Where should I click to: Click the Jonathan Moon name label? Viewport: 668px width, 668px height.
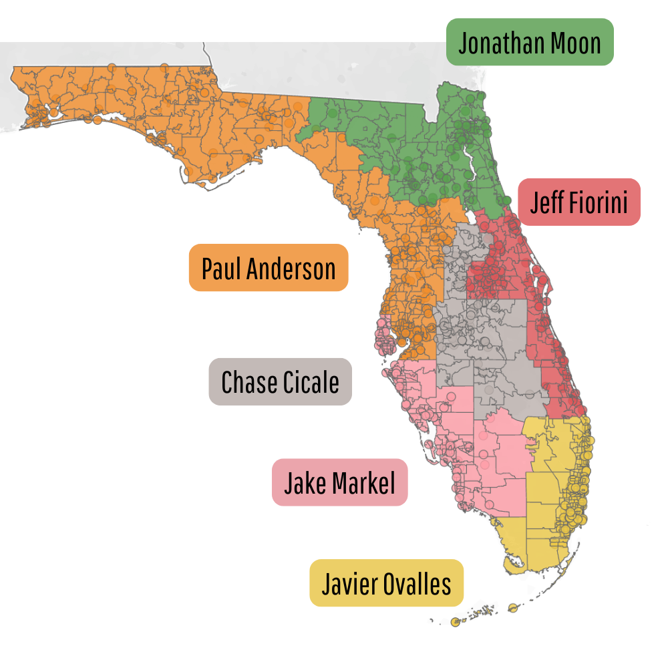tap(530, 42)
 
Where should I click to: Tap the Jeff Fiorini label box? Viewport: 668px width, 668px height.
tap(578, 202)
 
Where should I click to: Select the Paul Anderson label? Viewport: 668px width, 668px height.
tap(269, 268)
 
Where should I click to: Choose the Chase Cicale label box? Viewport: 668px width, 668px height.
tap(280, 382)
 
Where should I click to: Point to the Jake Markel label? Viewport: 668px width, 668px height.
tap(339, 482)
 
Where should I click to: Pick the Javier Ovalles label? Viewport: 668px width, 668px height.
tap(386, 583)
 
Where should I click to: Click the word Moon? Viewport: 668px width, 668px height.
tap(576, 43)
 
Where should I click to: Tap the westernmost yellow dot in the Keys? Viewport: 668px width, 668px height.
tap(456, 623)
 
